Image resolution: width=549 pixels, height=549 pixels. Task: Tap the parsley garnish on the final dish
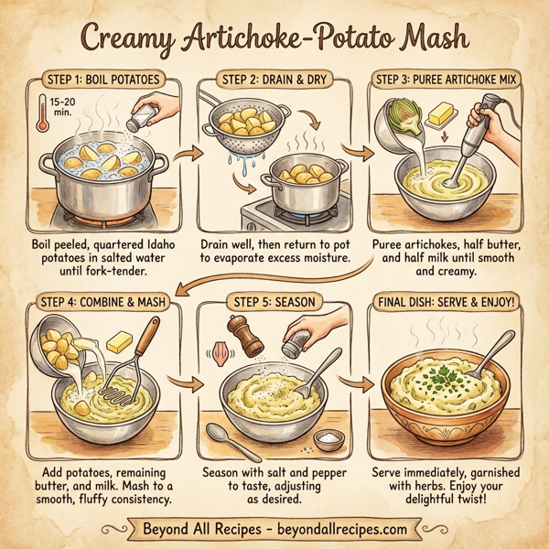coord(445,372)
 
